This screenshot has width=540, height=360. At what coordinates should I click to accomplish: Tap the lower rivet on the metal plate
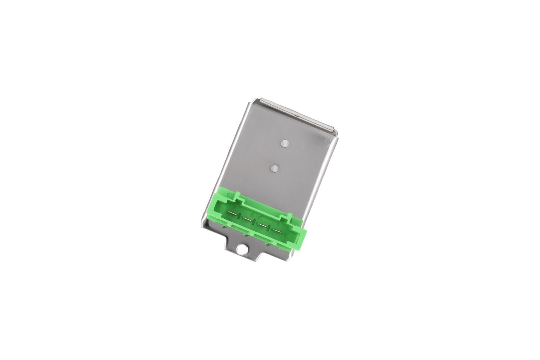(x=274, y=169)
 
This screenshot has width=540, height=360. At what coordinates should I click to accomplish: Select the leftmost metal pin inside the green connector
(x=232, y=213)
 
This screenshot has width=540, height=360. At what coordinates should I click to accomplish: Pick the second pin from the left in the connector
(x=247, y=219)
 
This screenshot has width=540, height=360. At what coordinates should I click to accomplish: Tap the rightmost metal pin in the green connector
(x=277, y=231)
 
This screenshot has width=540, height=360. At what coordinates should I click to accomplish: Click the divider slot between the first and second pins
(x=239, y=216)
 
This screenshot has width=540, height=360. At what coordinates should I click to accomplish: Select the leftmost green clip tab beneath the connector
(x=224, y=226)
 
